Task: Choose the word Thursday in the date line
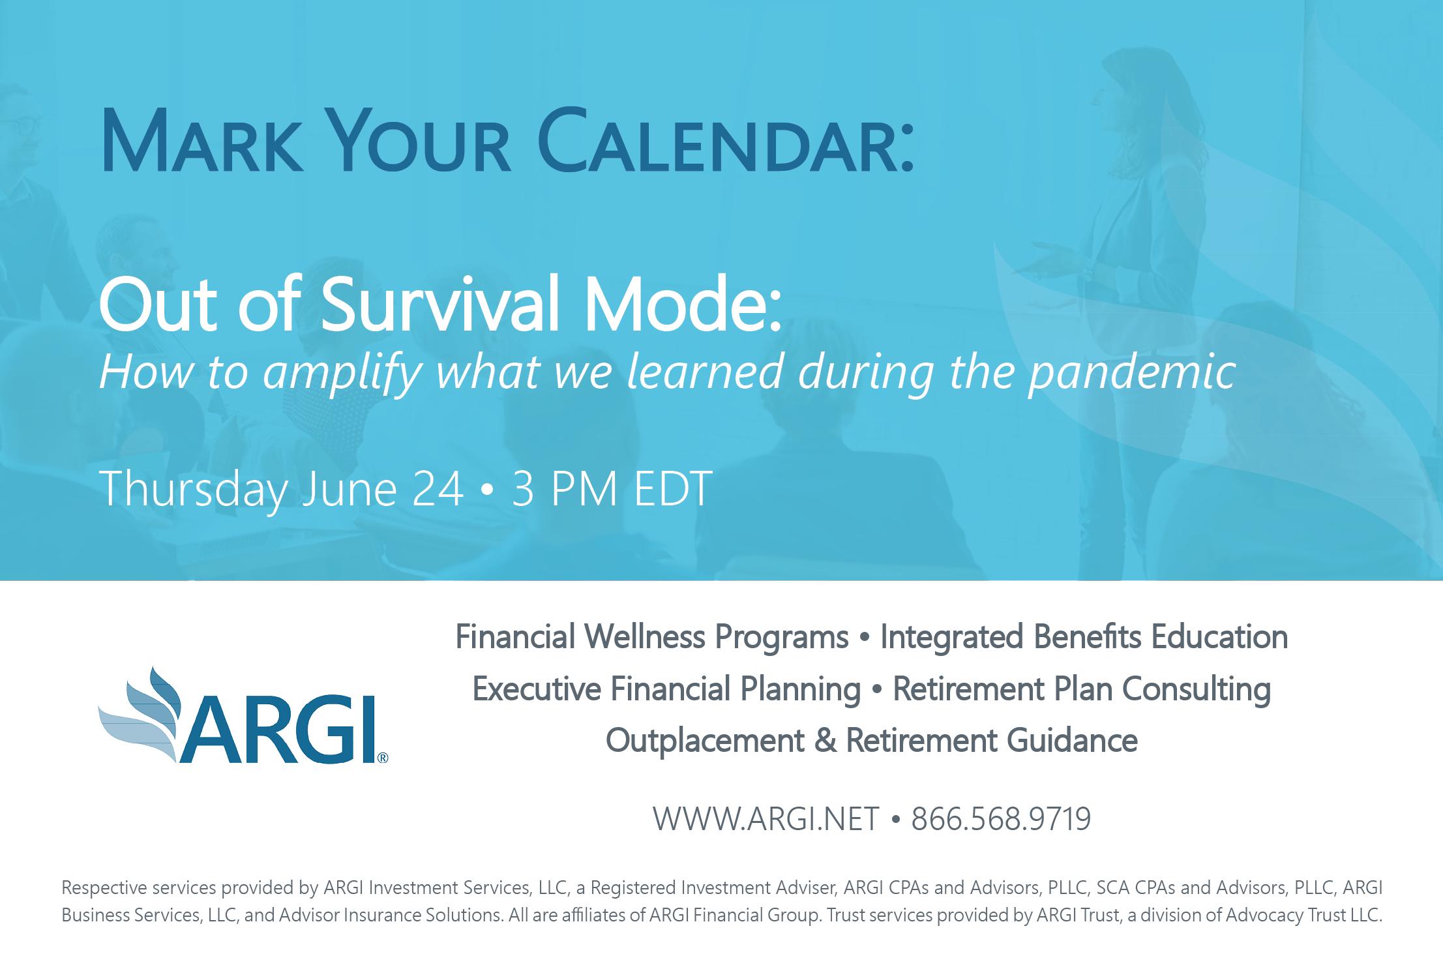pos(194,490)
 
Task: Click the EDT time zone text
pos(673,489)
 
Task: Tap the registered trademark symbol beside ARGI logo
pos(383,758)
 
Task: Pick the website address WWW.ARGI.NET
pos(766,819)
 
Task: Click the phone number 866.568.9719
pos(1001,819)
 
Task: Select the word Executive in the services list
pos(536,689)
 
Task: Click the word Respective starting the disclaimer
pos(103,888)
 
